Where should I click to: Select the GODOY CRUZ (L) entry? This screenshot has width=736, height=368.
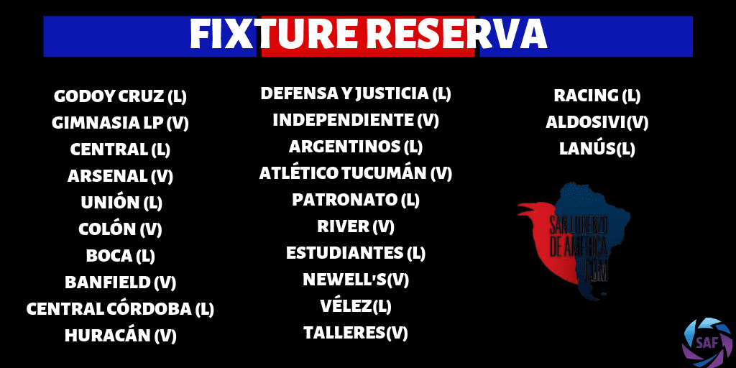tap(120, 97)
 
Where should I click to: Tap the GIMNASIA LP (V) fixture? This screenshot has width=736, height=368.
tap(120, 123)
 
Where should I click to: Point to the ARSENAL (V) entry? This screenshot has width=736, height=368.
tap(120, 177)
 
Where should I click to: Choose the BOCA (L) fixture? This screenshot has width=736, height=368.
tap(120, 256)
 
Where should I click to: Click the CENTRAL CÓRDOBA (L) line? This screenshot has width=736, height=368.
tap(120, 309)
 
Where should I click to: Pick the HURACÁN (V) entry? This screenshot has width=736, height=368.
tap(120, 336)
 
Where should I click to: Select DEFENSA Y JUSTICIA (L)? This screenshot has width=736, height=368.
tap(355, 94)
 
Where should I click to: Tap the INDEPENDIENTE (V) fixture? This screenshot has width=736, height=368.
tap(355, 120)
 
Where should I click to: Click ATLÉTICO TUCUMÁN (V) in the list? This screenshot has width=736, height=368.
tap(355, 174)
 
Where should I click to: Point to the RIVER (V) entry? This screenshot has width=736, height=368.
tap(355, 226)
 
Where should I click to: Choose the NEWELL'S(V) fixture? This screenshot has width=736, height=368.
tap(355, 280)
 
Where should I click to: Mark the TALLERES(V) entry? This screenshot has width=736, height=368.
tap(355, 333)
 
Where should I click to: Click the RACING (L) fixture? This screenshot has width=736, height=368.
tap(597, 96)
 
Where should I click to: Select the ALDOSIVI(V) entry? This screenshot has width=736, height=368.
tap(597, 123)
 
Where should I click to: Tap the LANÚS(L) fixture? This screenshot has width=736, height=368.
tap(597, 149)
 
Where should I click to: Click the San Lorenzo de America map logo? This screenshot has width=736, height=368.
tap(574, 241)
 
